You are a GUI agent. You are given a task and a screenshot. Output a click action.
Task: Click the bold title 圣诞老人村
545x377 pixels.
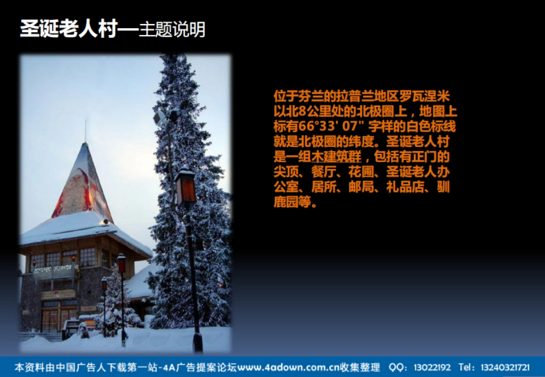[x=69, y=29]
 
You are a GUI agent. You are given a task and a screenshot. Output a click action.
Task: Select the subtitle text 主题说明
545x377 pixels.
[x=172, y=29]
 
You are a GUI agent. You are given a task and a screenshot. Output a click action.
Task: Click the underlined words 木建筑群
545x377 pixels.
[x=337, y=157]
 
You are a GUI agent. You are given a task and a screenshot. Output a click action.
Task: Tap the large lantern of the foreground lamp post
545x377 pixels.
[x=186, y=187]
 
